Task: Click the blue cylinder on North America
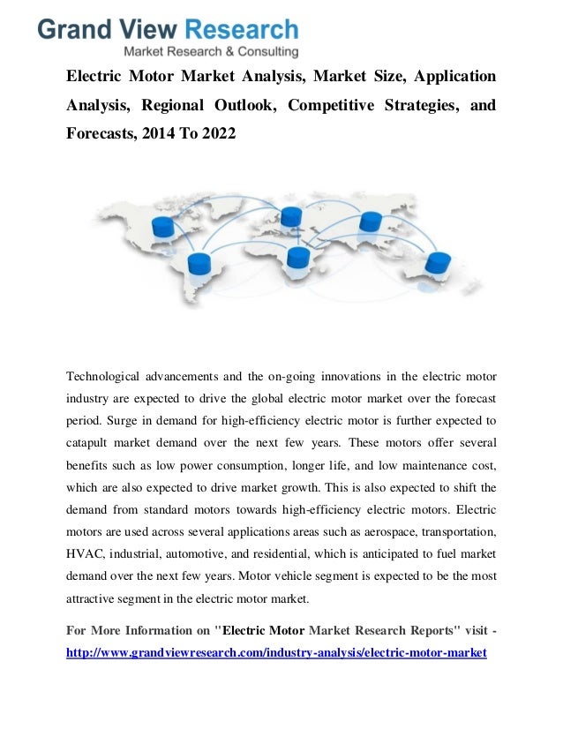tap(164, 227)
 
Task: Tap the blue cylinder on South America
tap(199, 263)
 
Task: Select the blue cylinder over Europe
tap(291, 216)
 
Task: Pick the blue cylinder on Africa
tap(298, 257)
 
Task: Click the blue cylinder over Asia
tap(371, 222)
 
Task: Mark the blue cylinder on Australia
tap(438, 262)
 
